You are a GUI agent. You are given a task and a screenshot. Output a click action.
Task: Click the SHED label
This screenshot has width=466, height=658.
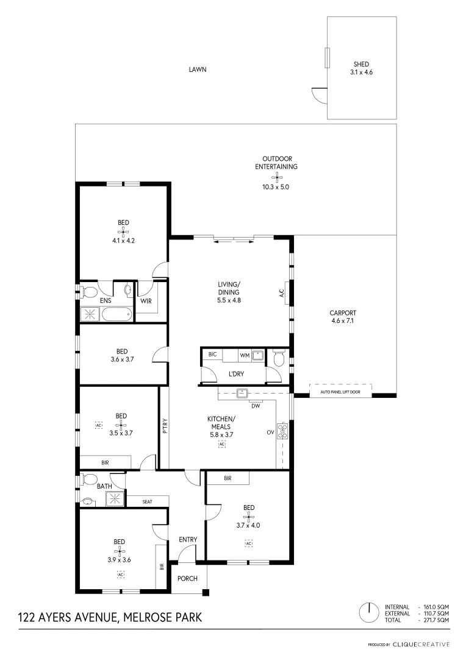click(361, 64)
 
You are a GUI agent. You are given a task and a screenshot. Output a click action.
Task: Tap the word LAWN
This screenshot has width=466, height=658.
click(197, 69)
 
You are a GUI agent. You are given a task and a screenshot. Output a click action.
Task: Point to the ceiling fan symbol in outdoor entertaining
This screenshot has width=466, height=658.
click(276, 177)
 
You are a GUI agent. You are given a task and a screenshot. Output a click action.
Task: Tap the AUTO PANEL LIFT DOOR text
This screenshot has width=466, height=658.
click(340, 393)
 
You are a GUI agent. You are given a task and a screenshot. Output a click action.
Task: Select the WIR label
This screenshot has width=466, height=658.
click(146, 301)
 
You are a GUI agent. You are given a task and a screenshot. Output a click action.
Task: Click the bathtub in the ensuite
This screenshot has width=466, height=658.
click(116, 314)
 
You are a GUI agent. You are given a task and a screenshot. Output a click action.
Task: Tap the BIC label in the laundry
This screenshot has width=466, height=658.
click(212, 354)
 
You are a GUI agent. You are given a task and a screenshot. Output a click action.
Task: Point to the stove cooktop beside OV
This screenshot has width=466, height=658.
click(282, 431)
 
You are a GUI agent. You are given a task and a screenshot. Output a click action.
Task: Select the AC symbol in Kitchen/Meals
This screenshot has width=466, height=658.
click(222, 445)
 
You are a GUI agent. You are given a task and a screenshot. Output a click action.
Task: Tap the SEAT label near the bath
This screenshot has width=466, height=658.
click(147, 501)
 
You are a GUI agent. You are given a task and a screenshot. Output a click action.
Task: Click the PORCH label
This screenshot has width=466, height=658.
click(188, 578)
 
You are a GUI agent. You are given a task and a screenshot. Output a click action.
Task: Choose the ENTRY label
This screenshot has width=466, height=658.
click(188, 539)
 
